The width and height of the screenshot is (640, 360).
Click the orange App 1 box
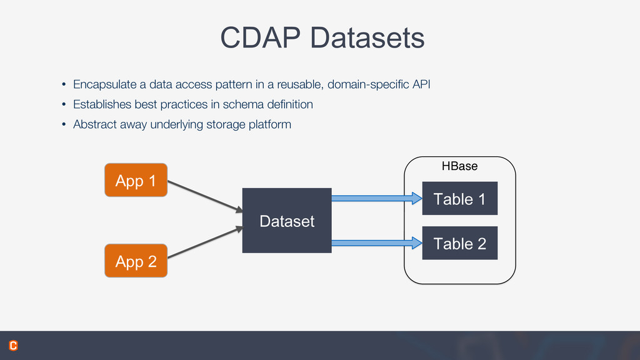[x=136, y=180]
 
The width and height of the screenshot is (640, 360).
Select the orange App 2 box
[x=136, y=261]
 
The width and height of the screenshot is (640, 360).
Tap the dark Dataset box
[x=287, y=221]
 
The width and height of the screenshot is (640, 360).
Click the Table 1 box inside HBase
[x=460, y=198]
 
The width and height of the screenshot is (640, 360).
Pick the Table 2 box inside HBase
[x=460, y=243]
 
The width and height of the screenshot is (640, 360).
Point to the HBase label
[x=459, y=166]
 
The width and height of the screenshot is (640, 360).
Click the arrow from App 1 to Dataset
[x=205, y=197]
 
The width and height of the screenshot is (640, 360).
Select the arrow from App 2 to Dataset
[x=205, y=242]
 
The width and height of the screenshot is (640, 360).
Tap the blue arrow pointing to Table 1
[x=377, y=198]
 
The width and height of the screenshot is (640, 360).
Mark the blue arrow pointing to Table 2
[x=377, y=243]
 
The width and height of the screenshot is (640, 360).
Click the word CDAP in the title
[x=261, y=38]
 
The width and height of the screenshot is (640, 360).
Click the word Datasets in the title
[x=367, y=38]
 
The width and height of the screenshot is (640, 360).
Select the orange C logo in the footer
[x=14, y=346]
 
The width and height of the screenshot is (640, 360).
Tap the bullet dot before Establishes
[x=64, y=104]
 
